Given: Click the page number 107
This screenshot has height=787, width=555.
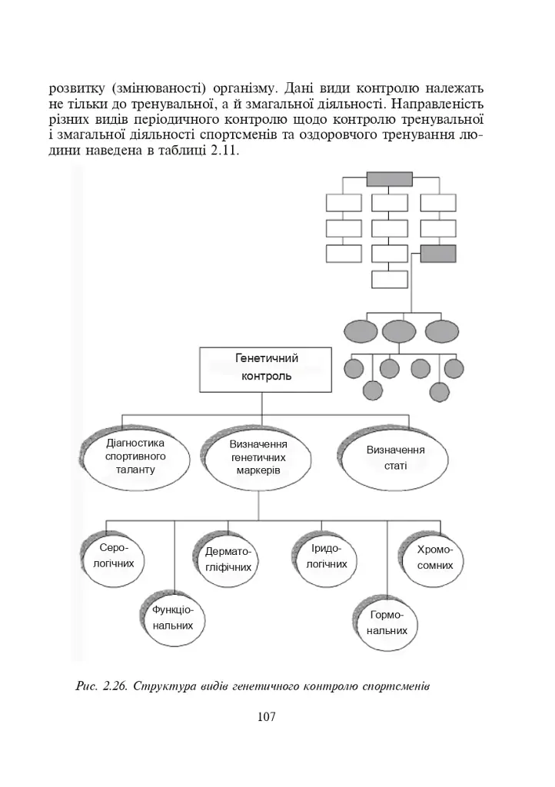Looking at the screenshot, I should click(266, 716).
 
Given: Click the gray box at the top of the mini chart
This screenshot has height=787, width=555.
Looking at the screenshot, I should click(390, 178).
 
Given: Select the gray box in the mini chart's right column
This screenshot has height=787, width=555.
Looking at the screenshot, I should click(438, 254).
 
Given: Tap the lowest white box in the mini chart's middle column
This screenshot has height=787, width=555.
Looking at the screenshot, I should click(390, 279).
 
